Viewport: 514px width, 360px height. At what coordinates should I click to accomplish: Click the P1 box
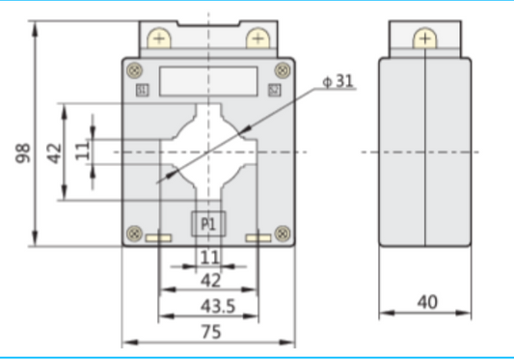coord(209,224)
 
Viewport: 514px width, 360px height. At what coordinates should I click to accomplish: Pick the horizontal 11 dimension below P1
coord(209,257)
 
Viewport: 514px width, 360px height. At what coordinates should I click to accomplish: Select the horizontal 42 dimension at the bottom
coord(209,281)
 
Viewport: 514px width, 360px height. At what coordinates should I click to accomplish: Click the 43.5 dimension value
coord(209,307)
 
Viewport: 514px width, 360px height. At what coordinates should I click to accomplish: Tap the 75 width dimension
coord(209,331)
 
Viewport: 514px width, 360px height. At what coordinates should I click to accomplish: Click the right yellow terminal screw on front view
coord(257,39)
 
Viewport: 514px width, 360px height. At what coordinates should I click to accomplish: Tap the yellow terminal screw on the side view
coord(424,39)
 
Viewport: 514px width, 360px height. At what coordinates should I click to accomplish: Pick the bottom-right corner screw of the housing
coord(283,232)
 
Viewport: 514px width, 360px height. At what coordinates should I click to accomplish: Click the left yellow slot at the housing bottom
coord(158,238)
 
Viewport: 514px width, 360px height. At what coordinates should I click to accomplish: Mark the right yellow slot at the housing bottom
coord(257,238)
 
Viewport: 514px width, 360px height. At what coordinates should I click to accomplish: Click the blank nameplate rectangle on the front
coord(208,80)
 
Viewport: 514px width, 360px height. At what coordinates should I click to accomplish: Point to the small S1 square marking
coord(143,91)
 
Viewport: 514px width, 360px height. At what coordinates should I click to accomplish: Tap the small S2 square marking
coord(274,91)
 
